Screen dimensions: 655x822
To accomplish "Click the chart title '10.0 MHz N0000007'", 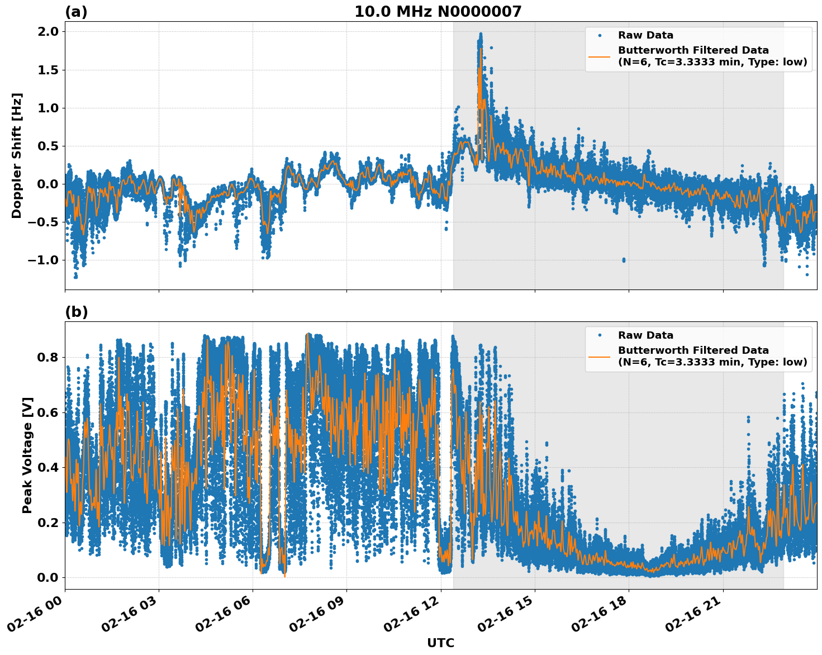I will pyautogui.click(x=438, y=12).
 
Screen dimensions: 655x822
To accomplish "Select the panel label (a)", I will pyautogui.click(x=76, y=12).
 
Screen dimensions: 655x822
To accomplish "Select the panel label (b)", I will pyautogui.click(x=76, y=312).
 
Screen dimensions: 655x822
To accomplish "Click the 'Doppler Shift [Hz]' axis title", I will pyautogui.click(x=17, y=155).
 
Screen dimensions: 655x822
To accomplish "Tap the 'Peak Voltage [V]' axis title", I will pyautogui.click(x=27, y=455).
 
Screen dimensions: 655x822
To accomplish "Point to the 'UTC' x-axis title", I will pyautogui.click(x=440, y=643).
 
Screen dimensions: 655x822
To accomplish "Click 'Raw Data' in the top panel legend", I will pyautogui.click(x=645, y=35).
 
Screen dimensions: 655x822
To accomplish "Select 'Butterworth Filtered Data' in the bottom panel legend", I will pyautogui.click(x=693, y=350).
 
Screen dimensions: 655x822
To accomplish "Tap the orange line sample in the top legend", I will pyautogui.click(x=599, y=56).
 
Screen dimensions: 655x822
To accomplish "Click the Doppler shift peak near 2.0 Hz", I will pyautogui.click(x=480, y=35).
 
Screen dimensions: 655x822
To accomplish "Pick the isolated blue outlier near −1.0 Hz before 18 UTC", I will pyautogui.click(x=624, y=260).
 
